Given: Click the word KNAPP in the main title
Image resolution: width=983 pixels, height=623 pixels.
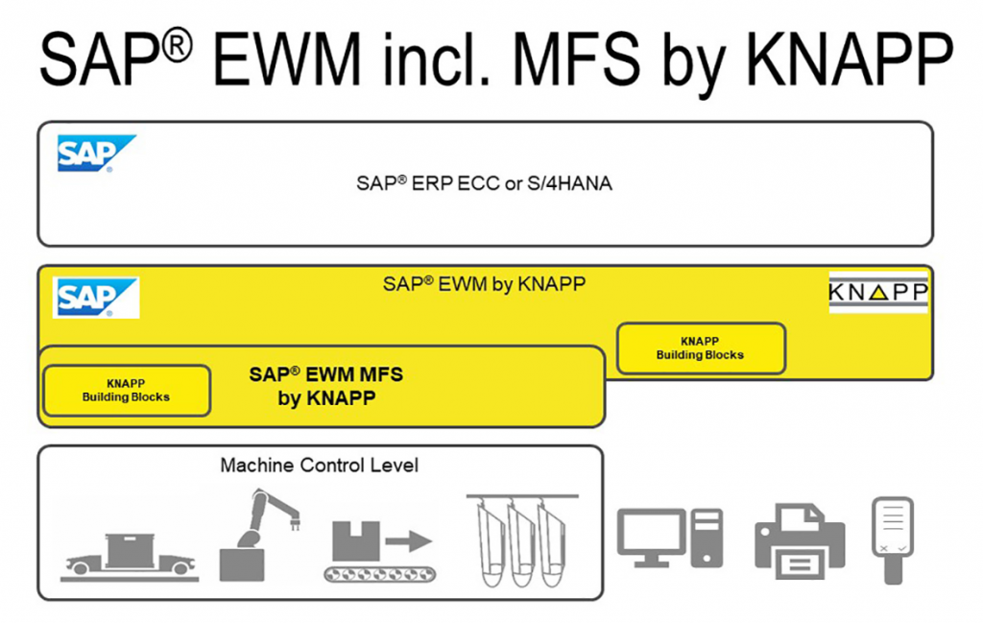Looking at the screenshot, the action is tap(850, 59).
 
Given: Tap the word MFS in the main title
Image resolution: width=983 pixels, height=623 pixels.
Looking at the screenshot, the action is tap(576, 59).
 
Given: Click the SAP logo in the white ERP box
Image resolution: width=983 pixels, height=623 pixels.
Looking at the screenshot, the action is tap(97, 153).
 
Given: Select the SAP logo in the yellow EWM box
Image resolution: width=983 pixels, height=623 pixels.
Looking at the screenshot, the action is tap(96, 298).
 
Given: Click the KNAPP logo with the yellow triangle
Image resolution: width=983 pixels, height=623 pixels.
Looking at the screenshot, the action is tap(877, 292).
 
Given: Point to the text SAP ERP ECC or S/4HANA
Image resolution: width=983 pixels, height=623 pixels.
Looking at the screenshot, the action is tap(484, 183).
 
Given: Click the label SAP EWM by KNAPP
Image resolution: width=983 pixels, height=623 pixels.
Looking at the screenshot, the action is tap(484, 284).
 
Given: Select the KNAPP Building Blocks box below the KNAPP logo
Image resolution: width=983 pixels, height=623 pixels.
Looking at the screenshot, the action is tap(701, 348).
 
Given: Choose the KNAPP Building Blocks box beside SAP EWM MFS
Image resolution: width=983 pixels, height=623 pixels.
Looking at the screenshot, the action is tap(126, 391).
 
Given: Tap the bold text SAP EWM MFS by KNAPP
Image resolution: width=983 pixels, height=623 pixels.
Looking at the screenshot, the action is tap(326, 386).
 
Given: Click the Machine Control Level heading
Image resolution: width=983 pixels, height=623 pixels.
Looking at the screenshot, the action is tap(319, 465).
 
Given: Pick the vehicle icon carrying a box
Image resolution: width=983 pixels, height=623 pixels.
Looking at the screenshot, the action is tap(130, 557).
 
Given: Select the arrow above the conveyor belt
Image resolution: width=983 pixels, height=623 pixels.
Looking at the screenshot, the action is tap(409, 540).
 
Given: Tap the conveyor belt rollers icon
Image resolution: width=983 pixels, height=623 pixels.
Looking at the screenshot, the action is tap(380, 573).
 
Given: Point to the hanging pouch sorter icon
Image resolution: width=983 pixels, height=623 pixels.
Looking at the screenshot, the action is tap(521, 540).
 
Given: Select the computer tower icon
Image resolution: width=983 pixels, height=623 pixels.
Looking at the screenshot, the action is tap(707, 538).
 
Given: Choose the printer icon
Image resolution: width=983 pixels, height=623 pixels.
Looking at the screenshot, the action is tap(800, 541).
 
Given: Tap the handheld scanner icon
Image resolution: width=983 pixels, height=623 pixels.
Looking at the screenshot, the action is tap(893, 540).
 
